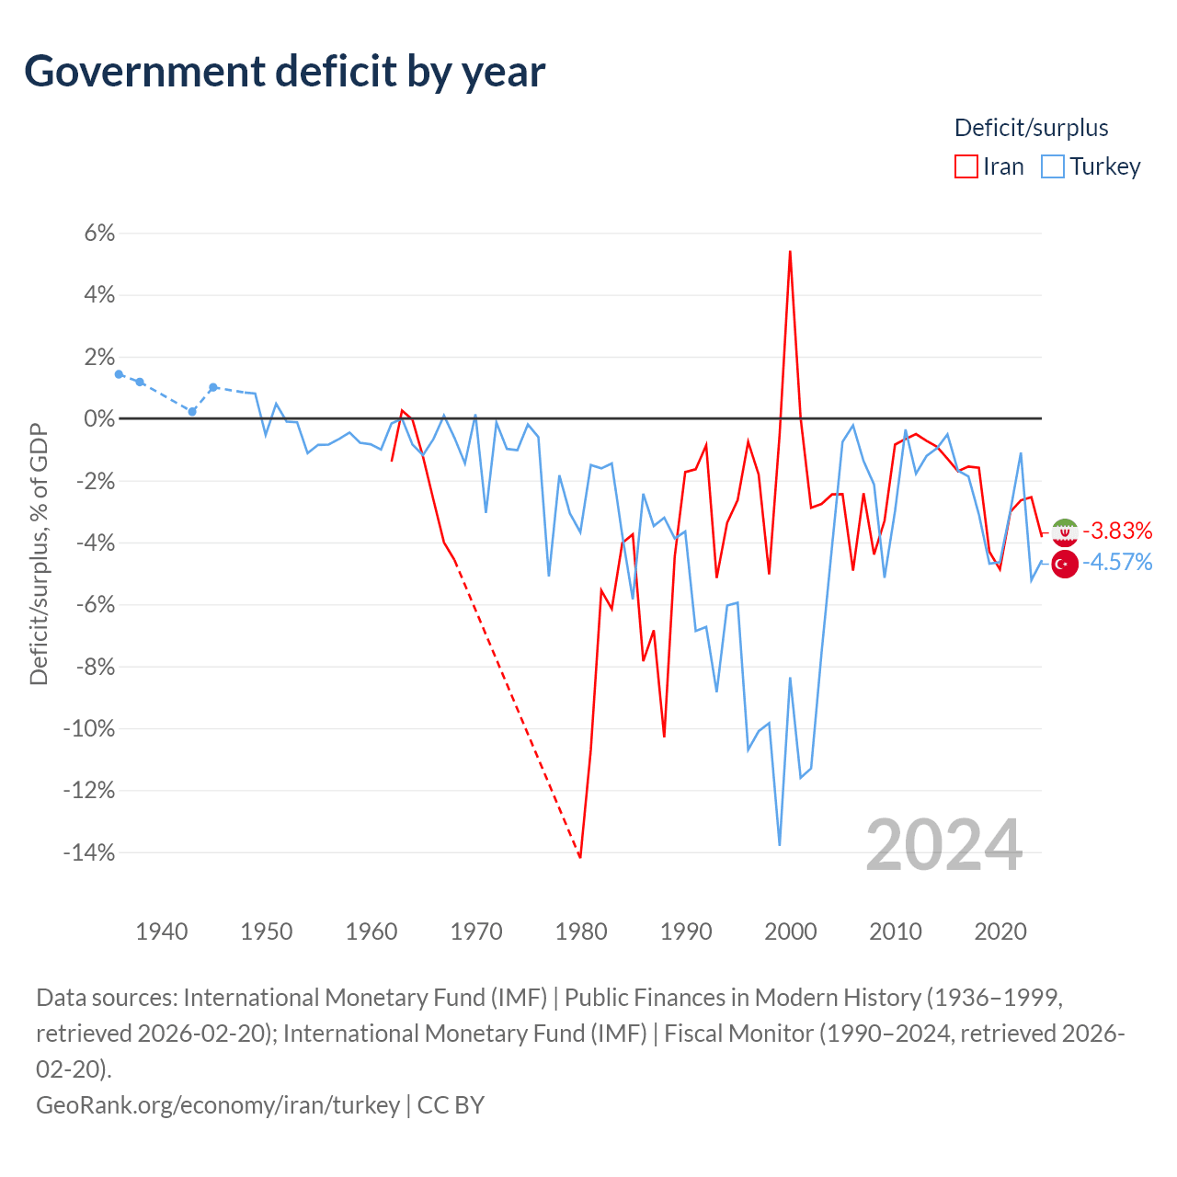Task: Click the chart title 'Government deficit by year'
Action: (x=284, y=73)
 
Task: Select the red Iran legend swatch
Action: (x=966, y=166)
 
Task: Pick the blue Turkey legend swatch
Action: (x=1052, y=166)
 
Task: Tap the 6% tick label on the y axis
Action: (x=99, y=233)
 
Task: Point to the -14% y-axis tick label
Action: (x=89, y=852)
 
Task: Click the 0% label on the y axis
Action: (x=99, y=419)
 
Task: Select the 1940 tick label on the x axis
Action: (x=162, y=932)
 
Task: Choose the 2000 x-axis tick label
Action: (x=791, y=932)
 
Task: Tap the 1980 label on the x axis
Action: (x=581, y=932)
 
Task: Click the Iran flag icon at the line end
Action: (x=1065, y=532)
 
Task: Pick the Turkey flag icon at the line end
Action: (x=1065, y=563)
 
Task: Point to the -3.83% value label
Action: (x=1117, y=531)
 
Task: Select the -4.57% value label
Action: (x=1117, y=562)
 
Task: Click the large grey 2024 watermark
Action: (x=943, y=846)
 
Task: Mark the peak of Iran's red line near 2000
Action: (x=790, y=252)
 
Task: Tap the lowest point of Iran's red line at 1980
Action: (x=579, y=857)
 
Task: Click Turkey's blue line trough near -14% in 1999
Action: (x=780, y=845)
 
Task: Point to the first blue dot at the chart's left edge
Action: (x=120, y=374)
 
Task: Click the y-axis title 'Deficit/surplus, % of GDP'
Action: (x=40, y=554)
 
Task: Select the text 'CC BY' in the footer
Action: (x=451, y=1105)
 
